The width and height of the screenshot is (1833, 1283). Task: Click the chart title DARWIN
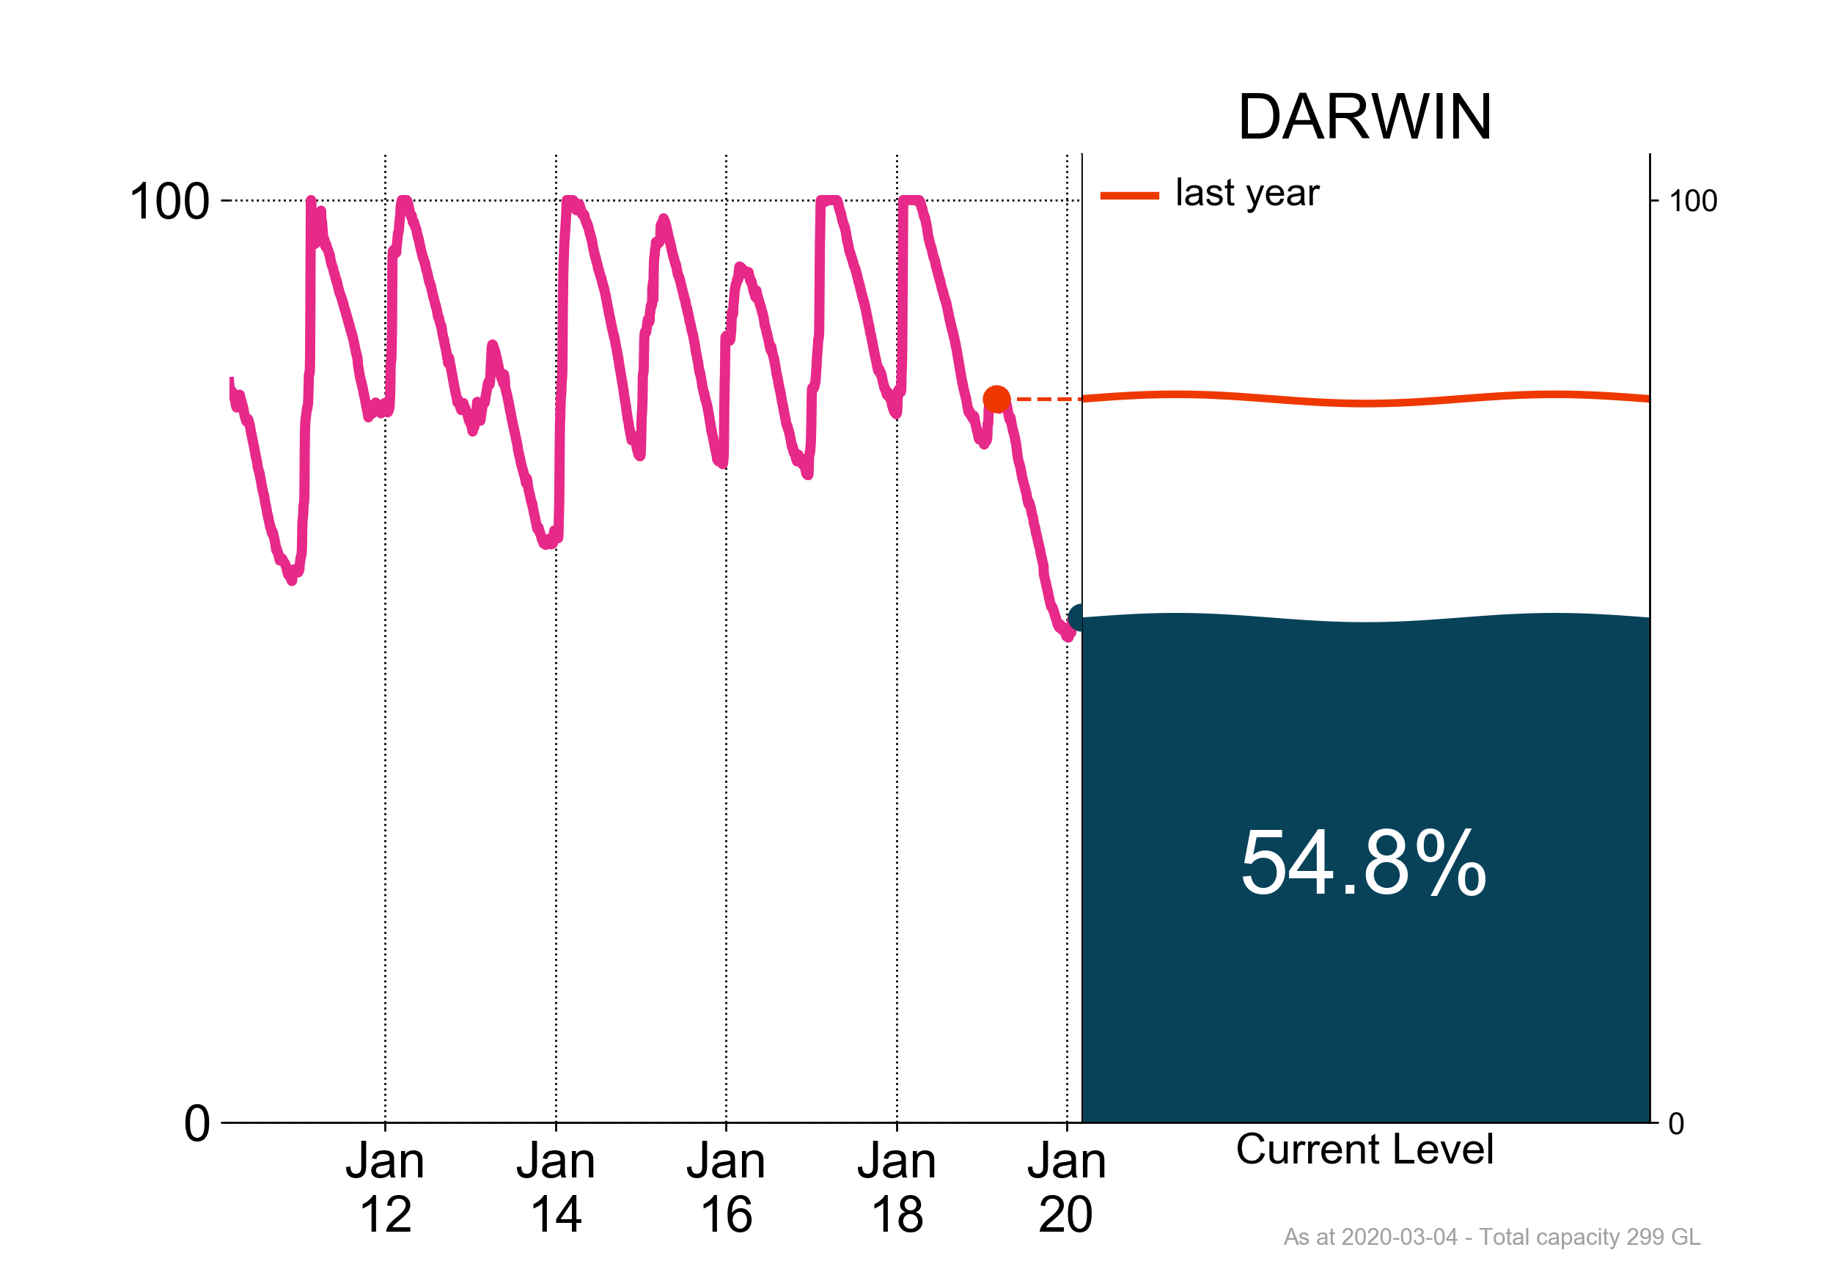(x=1364, y=117)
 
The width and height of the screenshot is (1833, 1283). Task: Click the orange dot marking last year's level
(x=996, y=398)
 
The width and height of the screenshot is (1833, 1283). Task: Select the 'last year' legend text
(x=1247, y=194)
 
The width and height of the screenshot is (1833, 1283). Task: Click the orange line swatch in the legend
(x=1129, y=196)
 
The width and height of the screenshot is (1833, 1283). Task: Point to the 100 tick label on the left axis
(x=169, y=201)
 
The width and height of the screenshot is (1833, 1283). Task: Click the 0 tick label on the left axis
(x=196, y=1124)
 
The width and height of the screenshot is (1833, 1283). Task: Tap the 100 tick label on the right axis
(x=1692, y=201)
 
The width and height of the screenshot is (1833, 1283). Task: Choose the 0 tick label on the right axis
(x=1675, y=1124)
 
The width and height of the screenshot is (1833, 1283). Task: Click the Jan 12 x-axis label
(x=385, y=1187)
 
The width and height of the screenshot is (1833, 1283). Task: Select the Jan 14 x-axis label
(x=556, y=1187)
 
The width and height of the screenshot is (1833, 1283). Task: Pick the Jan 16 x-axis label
(x=726, y=1187)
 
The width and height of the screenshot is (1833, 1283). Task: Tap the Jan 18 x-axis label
(x=897, y=1187)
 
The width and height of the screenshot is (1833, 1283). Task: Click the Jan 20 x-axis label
(x=1067, y=1187)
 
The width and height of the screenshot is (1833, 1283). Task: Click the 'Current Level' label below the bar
(x=1364, y=1150)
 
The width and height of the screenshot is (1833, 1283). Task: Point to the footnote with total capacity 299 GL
(x=1491, y=1237)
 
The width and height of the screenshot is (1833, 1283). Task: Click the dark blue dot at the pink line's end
(x=1077, y=618)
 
